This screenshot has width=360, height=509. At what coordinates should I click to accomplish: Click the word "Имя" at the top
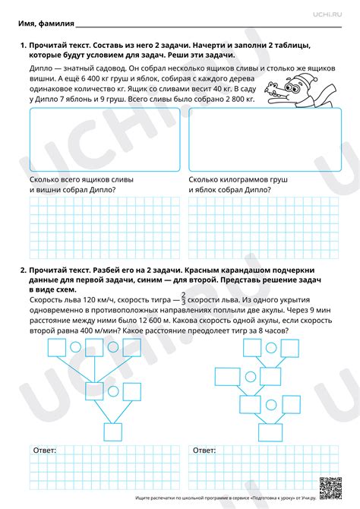28,24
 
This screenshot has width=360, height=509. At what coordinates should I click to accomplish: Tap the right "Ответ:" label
204,451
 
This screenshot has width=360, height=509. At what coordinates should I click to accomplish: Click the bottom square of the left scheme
113,432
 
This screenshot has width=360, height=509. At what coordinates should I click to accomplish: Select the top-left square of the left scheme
57,348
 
